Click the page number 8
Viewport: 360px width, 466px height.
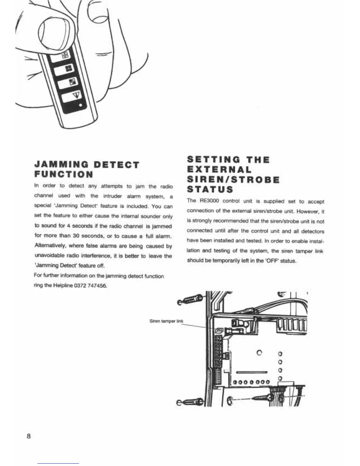click(29, 436)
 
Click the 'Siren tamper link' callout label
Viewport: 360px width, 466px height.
click(166, 321)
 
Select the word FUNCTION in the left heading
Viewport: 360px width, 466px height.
click(64, 174)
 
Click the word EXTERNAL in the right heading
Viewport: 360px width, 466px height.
click(219, 170)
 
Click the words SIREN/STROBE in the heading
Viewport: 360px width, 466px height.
click(233, 179)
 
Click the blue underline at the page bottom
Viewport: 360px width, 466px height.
click(58, 463)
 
